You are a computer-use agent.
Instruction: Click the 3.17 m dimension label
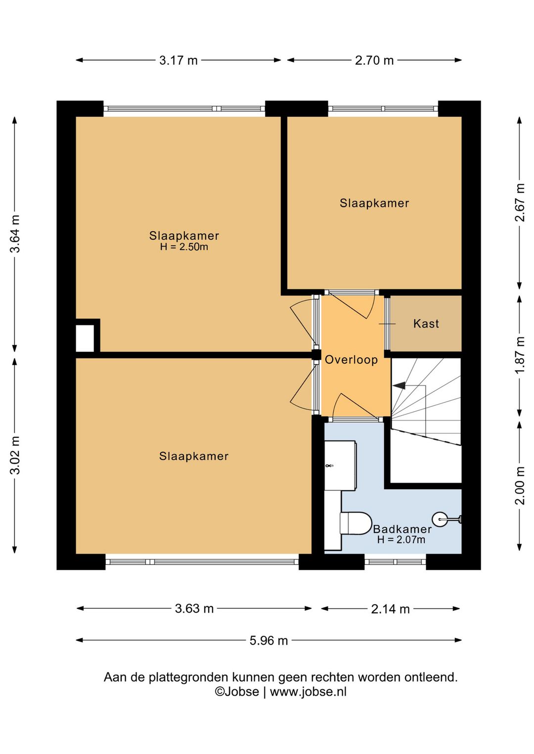coord(178,61)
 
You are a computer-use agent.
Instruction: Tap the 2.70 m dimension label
coord(374,61)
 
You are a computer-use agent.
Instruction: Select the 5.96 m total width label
coord(268,640)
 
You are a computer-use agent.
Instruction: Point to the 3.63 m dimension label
coord(194,609)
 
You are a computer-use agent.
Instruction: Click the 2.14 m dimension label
coord(390,609)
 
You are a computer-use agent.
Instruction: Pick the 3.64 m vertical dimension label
coord(15,234)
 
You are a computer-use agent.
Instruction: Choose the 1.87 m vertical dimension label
coord(520,355)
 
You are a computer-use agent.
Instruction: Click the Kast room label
coord(426,324)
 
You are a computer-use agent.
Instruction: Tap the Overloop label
coord(351,360)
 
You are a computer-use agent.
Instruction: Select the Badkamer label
coord(402,529)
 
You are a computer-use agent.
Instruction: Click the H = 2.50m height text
coord(184,247)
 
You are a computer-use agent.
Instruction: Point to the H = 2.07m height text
coord(401,540)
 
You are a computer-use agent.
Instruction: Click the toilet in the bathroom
coord(355,523)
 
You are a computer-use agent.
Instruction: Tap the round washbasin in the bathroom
coord(440,519)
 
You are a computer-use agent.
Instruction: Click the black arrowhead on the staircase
coord(399,386)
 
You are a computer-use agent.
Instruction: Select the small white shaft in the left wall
coord(85,338)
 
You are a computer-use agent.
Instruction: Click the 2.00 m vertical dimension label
coord(520,485)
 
